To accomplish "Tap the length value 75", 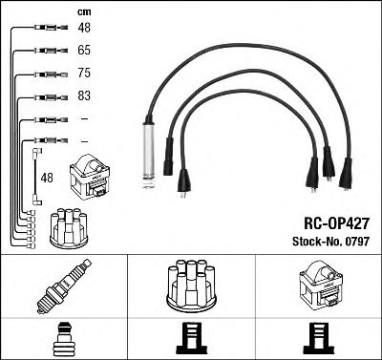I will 84,72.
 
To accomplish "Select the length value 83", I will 84,96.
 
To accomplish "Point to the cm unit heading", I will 83,11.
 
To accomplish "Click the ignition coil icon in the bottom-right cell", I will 318,286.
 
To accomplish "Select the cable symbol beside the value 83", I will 48,96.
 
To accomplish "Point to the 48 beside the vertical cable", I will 48,178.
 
